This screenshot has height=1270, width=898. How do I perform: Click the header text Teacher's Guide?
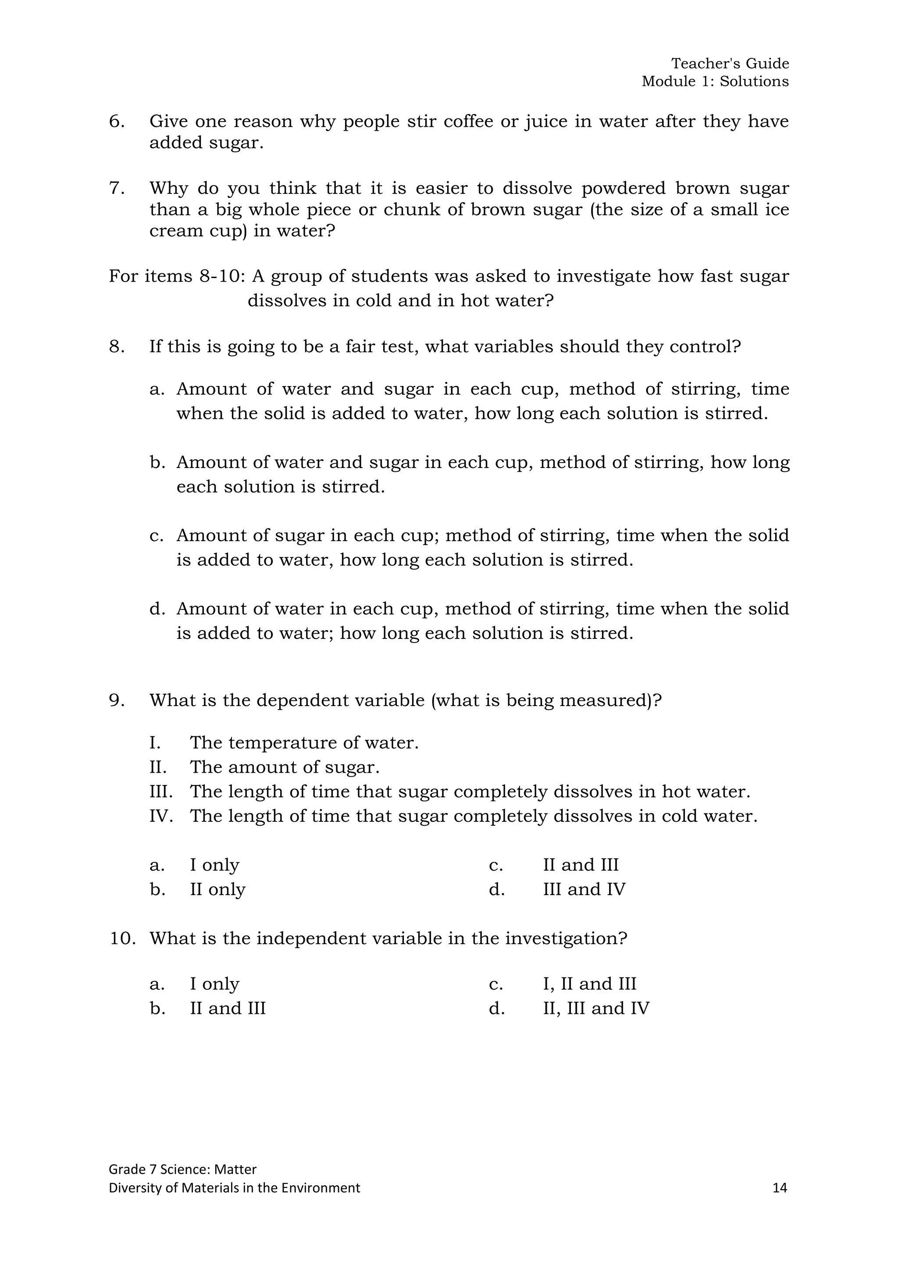730,64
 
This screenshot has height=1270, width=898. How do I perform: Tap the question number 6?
116,121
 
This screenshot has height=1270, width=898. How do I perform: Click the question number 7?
116,188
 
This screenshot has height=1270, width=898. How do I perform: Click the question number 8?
116,347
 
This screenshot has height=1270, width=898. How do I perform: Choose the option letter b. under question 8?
157,462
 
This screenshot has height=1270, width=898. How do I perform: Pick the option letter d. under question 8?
157,609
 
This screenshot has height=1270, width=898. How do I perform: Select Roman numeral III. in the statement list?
161,792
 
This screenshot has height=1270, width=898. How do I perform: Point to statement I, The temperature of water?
304,743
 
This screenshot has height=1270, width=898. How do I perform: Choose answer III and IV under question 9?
584,889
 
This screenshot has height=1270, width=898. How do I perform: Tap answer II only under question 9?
217,889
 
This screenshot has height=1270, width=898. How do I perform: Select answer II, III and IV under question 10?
595,1008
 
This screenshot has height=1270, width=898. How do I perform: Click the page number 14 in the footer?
780,1188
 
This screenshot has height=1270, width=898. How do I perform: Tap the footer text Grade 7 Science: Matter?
182,1169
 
